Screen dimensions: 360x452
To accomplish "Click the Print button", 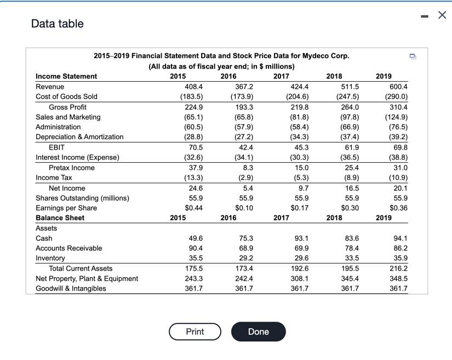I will coord(194,332).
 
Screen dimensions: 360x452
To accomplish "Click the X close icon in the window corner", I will coord(442,15).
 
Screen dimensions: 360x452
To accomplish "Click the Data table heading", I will coord(58,24).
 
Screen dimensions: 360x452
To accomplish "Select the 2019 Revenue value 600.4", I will coord(398,87).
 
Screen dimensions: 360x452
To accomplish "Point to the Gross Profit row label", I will coord(67,107).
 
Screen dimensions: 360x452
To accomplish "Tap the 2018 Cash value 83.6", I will coord(350,238).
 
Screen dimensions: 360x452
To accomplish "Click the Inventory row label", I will coord(50,258).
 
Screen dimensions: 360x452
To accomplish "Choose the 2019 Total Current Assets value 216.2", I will coord(398,268).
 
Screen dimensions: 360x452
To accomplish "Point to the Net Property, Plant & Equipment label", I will coord(87,278).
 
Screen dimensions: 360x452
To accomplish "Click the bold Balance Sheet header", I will coord(60,218).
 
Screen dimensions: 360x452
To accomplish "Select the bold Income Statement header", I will coord(66,76).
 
